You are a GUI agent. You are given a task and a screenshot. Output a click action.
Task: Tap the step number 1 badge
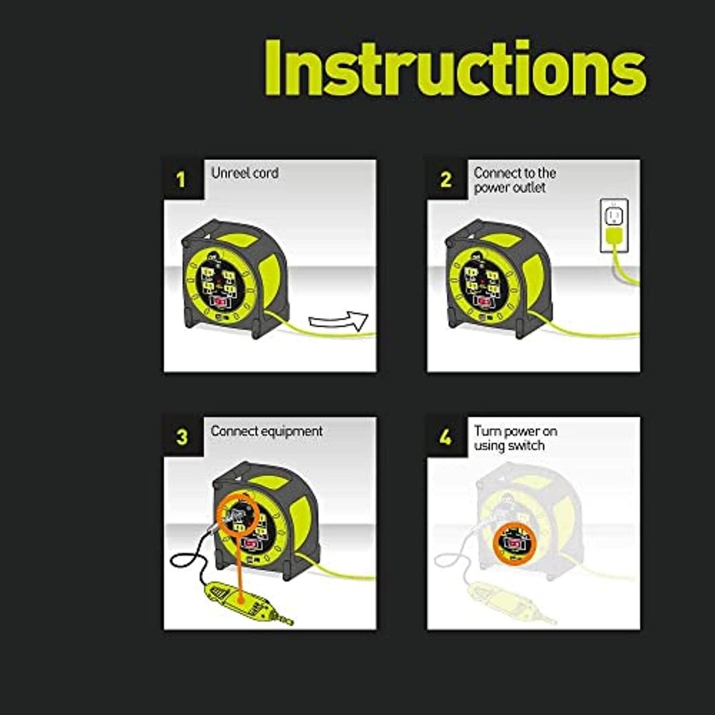pos(182,179)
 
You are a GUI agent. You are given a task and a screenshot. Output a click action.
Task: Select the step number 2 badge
pos(445,179)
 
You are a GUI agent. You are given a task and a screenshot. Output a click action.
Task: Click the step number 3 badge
pos(182,437)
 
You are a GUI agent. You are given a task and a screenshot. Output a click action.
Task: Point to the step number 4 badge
pos(445,437)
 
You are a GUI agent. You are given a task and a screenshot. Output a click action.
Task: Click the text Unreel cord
pos(244,173)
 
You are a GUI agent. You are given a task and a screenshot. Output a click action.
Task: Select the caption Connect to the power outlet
pos(515,180)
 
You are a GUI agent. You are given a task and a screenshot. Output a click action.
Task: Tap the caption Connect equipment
pos(267,431)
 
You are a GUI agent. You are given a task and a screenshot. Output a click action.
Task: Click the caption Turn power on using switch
pos(515,438)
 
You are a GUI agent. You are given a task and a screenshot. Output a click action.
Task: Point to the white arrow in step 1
pos(339,321)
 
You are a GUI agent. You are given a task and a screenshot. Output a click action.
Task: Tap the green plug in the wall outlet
pos(614,238)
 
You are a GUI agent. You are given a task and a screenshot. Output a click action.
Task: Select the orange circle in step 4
pos(511,543)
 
